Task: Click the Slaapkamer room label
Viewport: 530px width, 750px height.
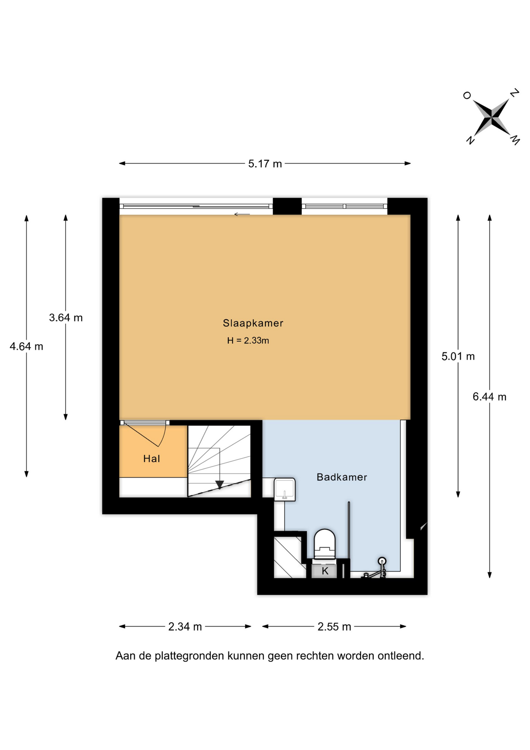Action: point(253,323)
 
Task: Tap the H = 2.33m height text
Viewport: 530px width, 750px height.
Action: point(248,341)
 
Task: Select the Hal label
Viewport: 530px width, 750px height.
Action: point(151,459)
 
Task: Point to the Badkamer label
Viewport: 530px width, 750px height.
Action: point(342,477)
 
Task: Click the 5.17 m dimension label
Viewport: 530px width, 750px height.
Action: point(265,164)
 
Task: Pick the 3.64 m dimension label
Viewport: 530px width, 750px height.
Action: point(66,318)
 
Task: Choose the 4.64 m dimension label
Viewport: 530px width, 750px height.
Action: point(27,346)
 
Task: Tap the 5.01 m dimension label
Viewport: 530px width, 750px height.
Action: point(458,356)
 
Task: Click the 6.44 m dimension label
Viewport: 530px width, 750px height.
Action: point(489,397)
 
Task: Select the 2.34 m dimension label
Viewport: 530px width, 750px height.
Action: point(185,627)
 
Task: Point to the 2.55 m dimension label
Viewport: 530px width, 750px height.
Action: point(334,627)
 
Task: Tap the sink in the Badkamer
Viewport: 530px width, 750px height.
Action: point(285,489)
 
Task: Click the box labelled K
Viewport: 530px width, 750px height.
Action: point(325,571)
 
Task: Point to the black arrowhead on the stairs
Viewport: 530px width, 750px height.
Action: point(220,485)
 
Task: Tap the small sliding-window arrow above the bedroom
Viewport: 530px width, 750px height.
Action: point(242,214)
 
